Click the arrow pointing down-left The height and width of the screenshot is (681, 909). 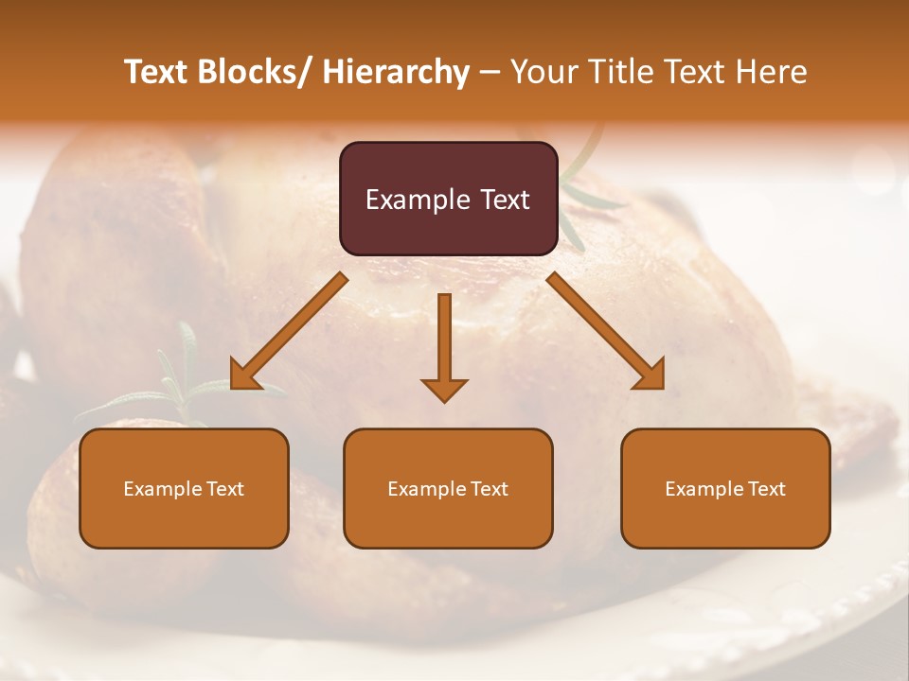(289, 331)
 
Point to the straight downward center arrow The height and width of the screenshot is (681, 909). (444, 340)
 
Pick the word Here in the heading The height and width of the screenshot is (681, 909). (771, 73)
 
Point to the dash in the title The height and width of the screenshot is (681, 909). (490, 73)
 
